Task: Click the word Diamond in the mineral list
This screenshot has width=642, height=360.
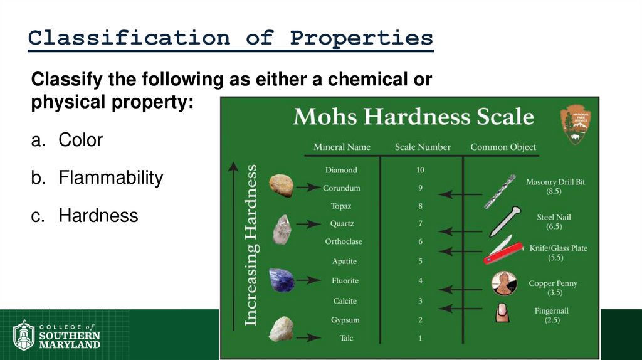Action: pyautogui.click(x=341, y=170)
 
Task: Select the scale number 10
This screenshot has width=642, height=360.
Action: pyautogui.click(x=420, y=170)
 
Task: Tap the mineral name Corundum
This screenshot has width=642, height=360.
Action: pyautogui.click(x=342, y=188)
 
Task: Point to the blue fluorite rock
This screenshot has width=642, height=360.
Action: pyautogui.click(x=282, y=280)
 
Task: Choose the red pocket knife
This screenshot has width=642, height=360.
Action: pyautogui.click(x=503, y=250)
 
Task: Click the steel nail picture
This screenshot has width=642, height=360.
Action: pyautogui.click(x=505, y=220)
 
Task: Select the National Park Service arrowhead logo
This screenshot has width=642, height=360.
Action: pyautogui.click(x=576, y=124)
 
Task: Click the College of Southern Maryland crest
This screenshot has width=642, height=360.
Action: pyautogui.click(x=24, y=335)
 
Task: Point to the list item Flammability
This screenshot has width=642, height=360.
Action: pyautogui.click(x=110, y=178)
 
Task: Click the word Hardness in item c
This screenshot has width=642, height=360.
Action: pyautogui.click(x=98, y=216)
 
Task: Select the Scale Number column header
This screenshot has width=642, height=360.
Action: pyautogui.click(x=423, y=147)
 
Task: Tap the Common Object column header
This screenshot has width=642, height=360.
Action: pyautogui.click(x=503, y=147)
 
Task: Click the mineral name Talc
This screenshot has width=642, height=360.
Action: pyautogui.click(x=346, y=339)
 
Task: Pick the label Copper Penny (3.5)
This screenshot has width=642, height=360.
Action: pyautogui.click(x=553, y=288)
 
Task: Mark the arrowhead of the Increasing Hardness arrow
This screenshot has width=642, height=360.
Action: pyautogui.click(x=233, y=166)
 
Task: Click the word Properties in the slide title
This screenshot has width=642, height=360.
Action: pyautogui.click(x=361, y=39)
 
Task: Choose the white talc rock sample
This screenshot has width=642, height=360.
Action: pyautogui.click(x=281, y=329)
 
